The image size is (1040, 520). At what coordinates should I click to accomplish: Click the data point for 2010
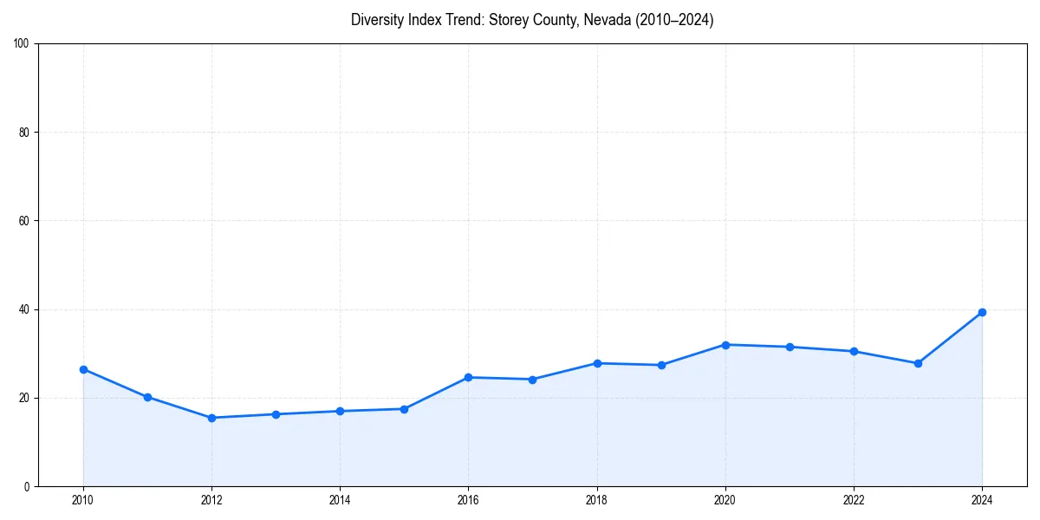[x=83, y=369]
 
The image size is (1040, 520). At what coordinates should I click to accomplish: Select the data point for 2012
[x=211, y=418]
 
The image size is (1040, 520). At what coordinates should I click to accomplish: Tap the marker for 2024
[x=982, y=312]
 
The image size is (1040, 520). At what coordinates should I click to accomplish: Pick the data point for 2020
[x=725, y=345]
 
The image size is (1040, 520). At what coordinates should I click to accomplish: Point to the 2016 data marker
[x=468, y=377]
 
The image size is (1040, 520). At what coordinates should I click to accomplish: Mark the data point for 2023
[x=918, y=363]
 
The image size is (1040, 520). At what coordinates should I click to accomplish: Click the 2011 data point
[x=147, y=397]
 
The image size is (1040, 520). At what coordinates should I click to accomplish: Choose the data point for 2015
[x=404, y=409]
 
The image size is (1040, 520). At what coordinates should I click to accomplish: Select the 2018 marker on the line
[x=596, y=363]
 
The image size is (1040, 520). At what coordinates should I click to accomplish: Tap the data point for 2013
[x=276, y=414]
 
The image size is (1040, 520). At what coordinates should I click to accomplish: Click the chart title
[x=532, y=21]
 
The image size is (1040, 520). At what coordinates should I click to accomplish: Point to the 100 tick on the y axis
[x=23, y=44]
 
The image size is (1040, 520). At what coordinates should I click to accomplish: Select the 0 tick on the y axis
[x=28, y=486]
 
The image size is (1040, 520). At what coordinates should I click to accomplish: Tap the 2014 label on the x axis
[x=340, y=499]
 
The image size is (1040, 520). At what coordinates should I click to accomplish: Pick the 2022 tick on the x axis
[x=854, y=499]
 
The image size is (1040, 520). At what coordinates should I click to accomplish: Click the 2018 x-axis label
[x=596, y=499]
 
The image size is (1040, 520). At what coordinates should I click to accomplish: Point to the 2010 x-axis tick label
[x=83, y=499]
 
